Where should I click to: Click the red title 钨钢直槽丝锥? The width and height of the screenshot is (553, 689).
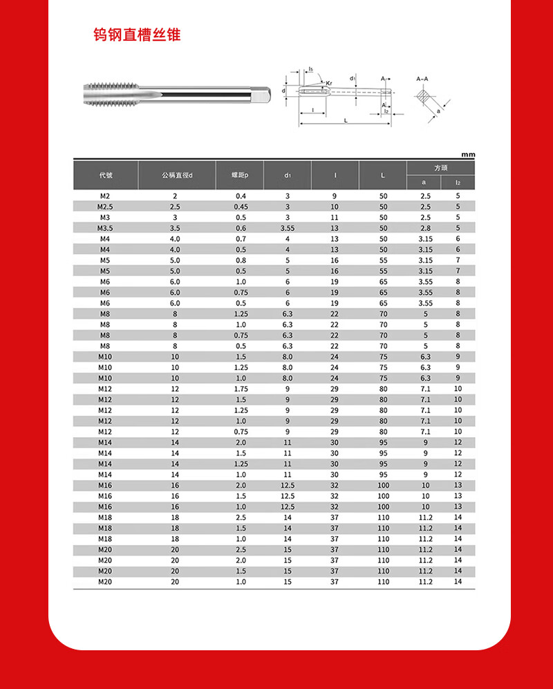point(137,35)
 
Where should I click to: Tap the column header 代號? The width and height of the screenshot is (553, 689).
point(106,176)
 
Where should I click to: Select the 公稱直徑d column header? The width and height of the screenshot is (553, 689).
point(176,176)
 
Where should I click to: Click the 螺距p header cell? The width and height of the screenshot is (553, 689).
point(240,176)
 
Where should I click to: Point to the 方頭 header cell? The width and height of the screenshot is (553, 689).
point(440,168)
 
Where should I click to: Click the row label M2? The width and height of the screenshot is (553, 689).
point(105,196)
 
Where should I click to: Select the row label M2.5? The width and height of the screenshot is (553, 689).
point(105,207)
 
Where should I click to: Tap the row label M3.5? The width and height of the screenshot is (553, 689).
point(105,228)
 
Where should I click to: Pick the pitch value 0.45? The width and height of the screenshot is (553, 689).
point(241,207)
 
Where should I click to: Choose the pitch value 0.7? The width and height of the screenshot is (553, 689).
point(241,239)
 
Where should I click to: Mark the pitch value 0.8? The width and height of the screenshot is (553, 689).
point(241,260)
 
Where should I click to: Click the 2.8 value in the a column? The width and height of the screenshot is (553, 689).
point(425,228)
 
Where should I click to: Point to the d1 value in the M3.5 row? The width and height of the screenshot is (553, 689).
point(288,228)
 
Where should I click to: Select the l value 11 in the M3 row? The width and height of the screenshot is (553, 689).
point(335,217)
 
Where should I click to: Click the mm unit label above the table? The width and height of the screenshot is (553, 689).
point(468,155)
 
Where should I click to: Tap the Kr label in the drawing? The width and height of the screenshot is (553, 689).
point(329,83)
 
